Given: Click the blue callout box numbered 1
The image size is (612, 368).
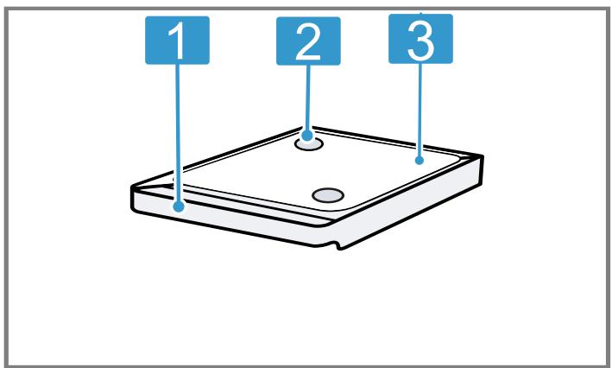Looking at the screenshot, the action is pyautogui.click(x=177, y=40).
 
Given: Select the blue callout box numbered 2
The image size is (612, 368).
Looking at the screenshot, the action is pyautogui.click(x=308, y=41).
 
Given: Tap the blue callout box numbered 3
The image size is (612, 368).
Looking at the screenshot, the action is pyautogui.click(x=420, y=39).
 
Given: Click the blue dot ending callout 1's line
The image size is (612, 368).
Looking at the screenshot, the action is pyautogui.click(x=179, y=206).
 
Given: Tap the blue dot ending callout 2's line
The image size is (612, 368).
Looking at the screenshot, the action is pyautogui.click(x=307, y=136).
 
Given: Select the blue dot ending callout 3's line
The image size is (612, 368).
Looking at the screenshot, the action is pyautogui.click(x=420, y=160).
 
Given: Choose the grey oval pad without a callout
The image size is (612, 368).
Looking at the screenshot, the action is pyautogui.click(x=328, y=195).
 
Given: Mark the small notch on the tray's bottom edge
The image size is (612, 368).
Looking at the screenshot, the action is pyautogui.click(x=338, y=245).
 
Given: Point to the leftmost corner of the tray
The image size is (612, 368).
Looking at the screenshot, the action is pyautogui.click(x=131, y=187).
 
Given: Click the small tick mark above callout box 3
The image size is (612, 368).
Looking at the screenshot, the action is pyautogui.click(x=420, y=12).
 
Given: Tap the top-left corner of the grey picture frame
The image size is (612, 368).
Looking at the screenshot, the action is pyautogui.click(x=6, y=9).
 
